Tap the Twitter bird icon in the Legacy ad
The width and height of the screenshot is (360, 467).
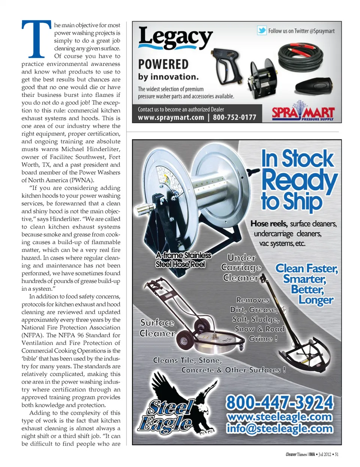coord(262,31)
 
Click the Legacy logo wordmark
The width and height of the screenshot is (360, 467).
coord(175,38)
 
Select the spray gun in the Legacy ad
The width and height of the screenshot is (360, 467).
coord(228,66)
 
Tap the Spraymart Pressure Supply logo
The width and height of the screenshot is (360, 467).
coord(303,113)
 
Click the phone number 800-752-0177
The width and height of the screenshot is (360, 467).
coord(234,117)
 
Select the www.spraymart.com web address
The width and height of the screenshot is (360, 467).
coord(171,117)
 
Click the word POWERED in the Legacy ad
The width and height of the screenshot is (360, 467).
coord(163,65)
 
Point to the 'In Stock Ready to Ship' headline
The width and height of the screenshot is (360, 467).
coord(298,180)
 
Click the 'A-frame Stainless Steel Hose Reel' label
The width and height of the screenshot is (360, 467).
coord(183,260)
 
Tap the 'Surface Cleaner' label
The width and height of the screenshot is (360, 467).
coord(157,328)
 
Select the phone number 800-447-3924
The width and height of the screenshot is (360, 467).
coord(279,402)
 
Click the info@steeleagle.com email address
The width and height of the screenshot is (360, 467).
coord(279,428)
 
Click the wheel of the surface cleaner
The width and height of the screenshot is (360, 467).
coord(184,340)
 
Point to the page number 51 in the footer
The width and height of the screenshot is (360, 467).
coord(336,454)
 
